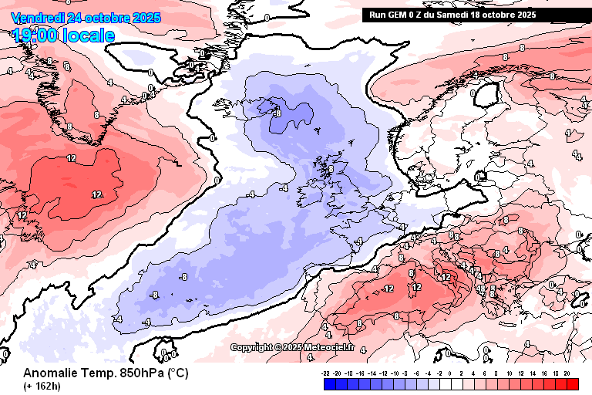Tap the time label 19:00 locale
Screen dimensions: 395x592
click(64, 35)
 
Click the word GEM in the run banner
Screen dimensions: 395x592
click(402, 15)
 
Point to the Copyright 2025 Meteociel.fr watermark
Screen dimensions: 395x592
click(292, 347)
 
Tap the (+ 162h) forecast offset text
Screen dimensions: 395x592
click(42, 385)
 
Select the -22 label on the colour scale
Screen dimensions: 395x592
click(326, 373)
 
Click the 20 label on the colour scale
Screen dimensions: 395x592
click(566, 373)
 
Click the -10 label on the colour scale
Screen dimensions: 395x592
click(395, 373)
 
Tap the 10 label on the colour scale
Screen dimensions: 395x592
click(510, 373)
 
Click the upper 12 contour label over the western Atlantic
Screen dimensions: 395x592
click(71, 158)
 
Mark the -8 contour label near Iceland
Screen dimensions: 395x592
click(277, 113)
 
